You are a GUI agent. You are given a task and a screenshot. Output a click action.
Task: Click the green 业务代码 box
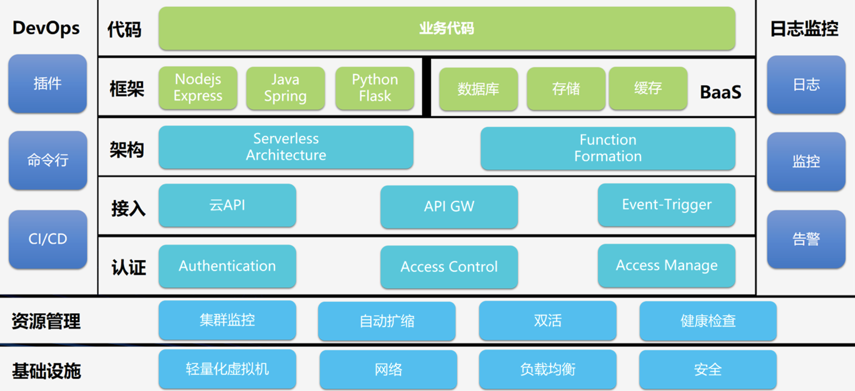(x=447, y=28)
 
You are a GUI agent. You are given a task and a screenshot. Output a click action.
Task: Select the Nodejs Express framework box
(x=198, y=88)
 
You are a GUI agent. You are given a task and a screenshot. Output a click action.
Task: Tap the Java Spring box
(x=285, y=88)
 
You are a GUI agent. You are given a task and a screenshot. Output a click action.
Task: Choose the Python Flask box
(x=375, y=88)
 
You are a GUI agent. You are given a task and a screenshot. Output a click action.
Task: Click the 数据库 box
(x=479, y=89)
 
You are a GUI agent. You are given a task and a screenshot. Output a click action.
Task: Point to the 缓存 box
(x=648, y=88)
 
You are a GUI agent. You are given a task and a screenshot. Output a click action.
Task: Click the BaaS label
(x=720, y=92)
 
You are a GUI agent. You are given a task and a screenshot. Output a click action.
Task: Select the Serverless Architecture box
(x=286, y=147)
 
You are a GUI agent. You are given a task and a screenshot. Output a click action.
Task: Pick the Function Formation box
(x=608, y=148)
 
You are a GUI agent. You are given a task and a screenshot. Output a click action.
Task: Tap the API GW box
(x=449, y=206)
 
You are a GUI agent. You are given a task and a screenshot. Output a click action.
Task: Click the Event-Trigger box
(x=667, y=205)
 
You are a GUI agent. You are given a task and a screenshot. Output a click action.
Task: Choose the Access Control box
(x=449, y=267)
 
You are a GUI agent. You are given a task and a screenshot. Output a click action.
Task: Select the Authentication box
(x=227, y=266)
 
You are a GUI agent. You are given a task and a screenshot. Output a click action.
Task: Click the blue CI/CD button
(x=48, y=239)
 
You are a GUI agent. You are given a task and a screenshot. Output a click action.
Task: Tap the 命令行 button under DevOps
(x=48, y=160)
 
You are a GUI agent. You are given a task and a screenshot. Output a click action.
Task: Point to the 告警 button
(x=806, y=239)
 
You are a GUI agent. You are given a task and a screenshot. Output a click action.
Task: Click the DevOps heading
(x=46, y=28)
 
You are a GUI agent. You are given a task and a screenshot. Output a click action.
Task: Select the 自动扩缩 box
(x=387, y=321)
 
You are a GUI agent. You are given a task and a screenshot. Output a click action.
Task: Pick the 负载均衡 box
(x=547, y=369)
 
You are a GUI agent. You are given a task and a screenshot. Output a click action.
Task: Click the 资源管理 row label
(x=46, y=321)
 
